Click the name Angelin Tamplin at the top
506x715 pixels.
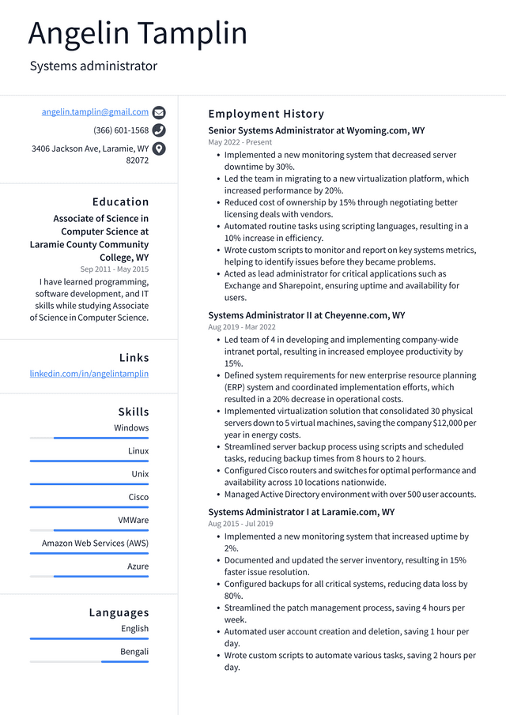click(138, 33)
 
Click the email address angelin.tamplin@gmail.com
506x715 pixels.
click(95, 112)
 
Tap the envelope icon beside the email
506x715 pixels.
click(159, 112)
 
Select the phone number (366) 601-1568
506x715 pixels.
click(121, 130)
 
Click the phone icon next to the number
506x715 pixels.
click(159, 130)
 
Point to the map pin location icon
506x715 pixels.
click(159, 149)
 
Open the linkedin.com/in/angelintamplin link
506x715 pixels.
click(89, 373)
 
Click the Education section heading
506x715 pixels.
click(120, 201)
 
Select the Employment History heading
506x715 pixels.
click(266, 114)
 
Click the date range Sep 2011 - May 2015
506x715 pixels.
click(114, 269)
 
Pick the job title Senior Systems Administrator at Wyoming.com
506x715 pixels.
click(316, 130)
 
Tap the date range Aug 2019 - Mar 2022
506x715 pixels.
click(242, 327)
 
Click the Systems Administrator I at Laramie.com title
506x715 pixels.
click(301, 512)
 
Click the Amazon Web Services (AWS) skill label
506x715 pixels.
click(95, 543)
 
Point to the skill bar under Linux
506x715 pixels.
click(89, 461)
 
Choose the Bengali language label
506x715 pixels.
click(134, 651)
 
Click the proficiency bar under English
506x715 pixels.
click(89, 638)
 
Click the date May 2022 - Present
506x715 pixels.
click(240, 142)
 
